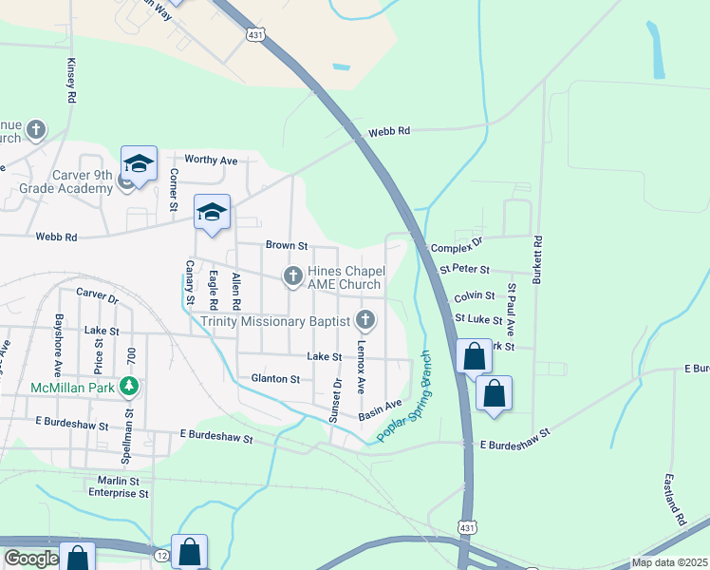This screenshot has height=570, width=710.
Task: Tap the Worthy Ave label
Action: [x=211, y=161]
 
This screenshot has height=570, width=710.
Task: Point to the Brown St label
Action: [x=287, y=245]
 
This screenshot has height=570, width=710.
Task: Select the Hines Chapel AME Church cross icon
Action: [x=293, y=276]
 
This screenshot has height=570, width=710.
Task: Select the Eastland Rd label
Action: [x=675, y=500]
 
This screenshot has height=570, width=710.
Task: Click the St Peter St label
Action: [x=464, y=271]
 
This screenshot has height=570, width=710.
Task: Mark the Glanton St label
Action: [x=275, y=378]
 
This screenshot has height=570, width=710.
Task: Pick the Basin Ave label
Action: [x=381, y=409]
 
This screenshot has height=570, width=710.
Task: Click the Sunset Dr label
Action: [x=335, y=401]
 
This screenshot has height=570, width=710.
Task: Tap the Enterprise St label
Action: [x=119, y=494]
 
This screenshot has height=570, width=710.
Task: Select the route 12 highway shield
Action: [x=162, y=554]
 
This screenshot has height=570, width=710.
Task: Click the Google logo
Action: [x=30, y=559]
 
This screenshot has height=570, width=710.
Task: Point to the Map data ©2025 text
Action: [x=669, y=562]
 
